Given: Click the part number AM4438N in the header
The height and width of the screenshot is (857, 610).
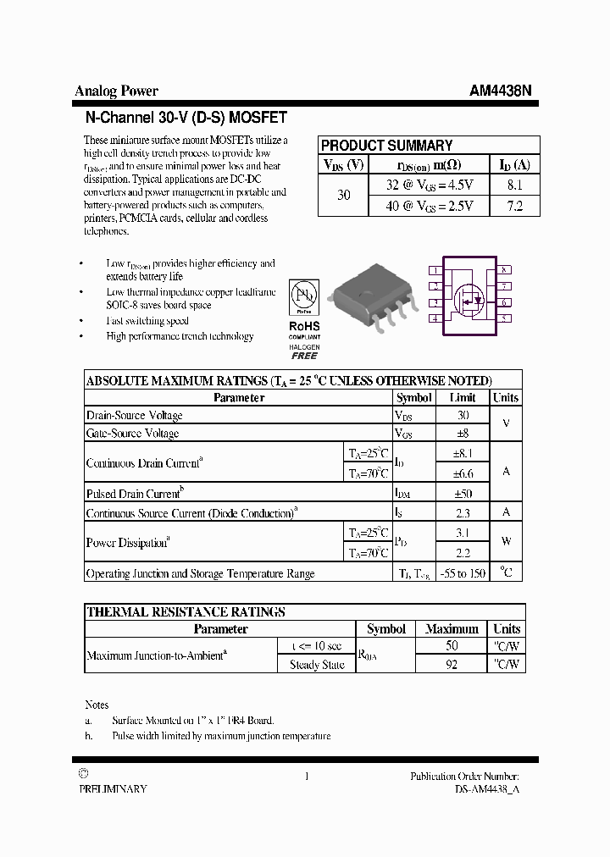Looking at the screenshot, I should (x=501, y=91).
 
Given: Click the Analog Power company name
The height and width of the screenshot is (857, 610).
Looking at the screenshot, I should (x=116, y=91).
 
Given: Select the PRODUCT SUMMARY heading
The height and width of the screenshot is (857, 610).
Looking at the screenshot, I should (x=386, y=146).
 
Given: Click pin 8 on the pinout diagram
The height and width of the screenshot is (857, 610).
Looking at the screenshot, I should (x=504, y=270).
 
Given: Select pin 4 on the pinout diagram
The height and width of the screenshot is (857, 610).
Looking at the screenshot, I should (x=435, y=318).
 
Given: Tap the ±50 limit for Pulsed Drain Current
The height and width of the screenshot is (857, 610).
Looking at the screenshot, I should (x=463, y=493).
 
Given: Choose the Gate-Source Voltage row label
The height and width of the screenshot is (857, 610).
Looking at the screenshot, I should (x=133, y=434).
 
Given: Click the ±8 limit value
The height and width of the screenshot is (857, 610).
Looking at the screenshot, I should (x=463, y=434).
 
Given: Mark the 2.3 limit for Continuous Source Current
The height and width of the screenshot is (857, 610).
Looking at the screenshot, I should (x=463, y=512).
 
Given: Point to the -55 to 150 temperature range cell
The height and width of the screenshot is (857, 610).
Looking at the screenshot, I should (x=463, y=573).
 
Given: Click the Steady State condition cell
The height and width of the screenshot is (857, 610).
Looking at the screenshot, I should (x=317, y=665).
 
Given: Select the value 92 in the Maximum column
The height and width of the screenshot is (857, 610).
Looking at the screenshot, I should (x=452, y=665).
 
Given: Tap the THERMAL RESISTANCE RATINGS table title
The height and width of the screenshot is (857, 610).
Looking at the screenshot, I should (x=186, y=611).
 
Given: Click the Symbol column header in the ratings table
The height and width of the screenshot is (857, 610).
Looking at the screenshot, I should (x=414, y=398).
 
